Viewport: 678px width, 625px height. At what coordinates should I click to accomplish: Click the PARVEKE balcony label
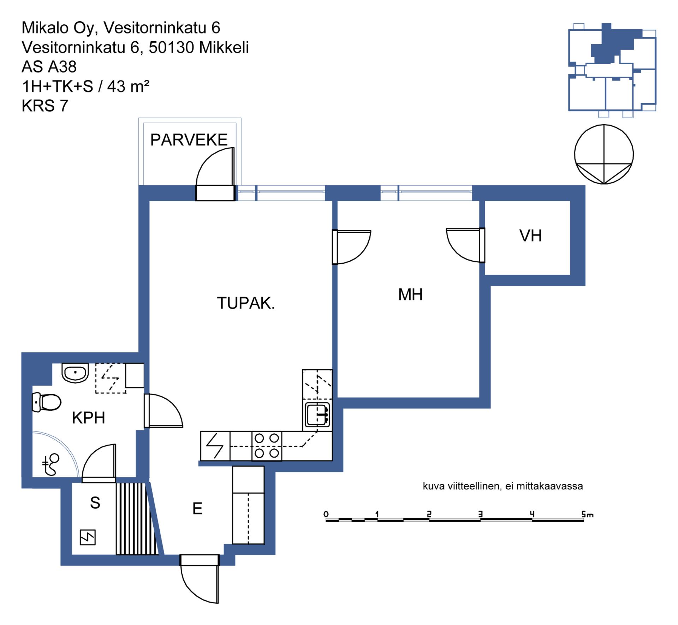click(x=189, y=140)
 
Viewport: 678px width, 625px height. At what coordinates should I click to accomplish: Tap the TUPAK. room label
click(x=246, y=303)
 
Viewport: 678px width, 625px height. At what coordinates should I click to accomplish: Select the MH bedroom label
click(x=410, y=294)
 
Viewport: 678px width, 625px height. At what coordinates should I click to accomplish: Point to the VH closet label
click(x=530, y=236)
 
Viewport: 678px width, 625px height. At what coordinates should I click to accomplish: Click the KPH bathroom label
click(x=88, y=418)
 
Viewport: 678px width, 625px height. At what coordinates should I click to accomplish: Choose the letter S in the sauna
click(x=95, y=502)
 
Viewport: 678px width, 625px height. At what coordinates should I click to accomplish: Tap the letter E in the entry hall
click(x=197, y=508)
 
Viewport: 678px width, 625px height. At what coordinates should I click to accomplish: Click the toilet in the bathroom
click(x=46, y=402)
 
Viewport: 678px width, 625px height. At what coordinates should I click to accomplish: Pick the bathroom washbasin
click(x=75, y=373)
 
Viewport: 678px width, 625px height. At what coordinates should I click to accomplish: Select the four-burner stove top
click(x=267, y=446)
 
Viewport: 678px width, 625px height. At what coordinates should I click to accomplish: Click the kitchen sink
click(x=317, y=415)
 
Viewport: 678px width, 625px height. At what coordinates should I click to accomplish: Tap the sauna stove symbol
click(x=88, y=537)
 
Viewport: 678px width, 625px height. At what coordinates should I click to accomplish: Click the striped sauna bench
click(x=137, y=519)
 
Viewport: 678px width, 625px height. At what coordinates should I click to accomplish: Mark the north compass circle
click(x=604, y=154)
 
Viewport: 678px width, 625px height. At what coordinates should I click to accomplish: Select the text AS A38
click(x=49, y=67)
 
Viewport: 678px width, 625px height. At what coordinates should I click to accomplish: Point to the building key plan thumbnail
click(x=612, y=70)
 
